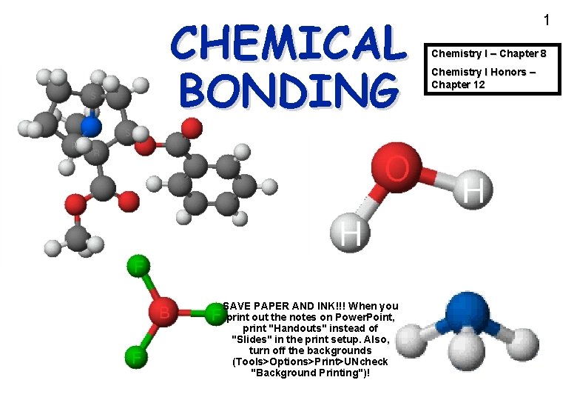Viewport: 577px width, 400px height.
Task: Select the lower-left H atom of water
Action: (350, 234)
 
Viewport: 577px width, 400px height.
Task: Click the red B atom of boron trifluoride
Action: (163, 313)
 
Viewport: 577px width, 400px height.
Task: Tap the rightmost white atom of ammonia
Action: (524, 341)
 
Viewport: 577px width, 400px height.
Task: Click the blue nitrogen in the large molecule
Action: (90, 127)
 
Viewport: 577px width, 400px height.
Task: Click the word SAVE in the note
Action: (237, 306)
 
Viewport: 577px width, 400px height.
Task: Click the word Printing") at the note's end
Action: (344, 373)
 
